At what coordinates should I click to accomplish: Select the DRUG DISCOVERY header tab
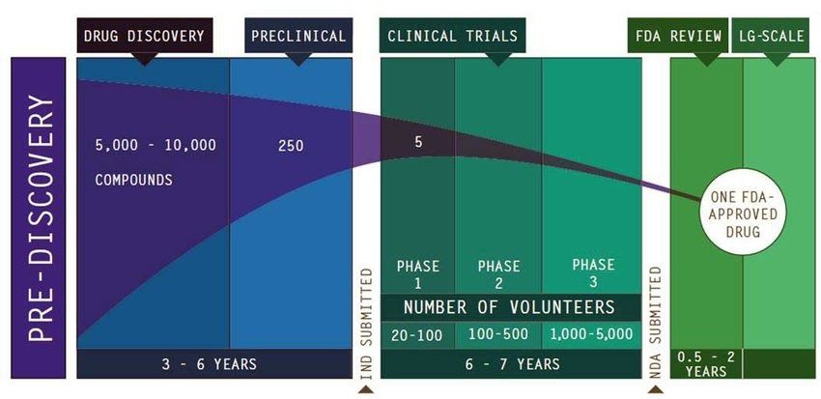coord(144,37)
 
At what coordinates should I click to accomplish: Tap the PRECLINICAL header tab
coord(297,37)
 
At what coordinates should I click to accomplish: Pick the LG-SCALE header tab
coord(773,37)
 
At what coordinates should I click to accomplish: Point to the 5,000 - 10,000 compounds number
coord(155,146)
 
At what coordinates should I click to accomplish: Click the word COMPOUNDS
coord(133,180)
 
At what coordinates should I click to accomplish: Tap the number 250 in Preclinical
coord(290,146)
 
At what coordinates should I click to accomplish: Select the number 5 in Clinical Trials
coord(419,142)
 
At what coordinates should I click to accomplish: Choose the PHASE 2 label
coord(497,273)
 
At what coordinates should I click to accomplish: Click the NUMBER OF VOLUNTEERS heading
coord(509,307)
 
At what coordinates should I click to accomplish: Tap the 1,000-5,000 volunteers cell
coord(592,335)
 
